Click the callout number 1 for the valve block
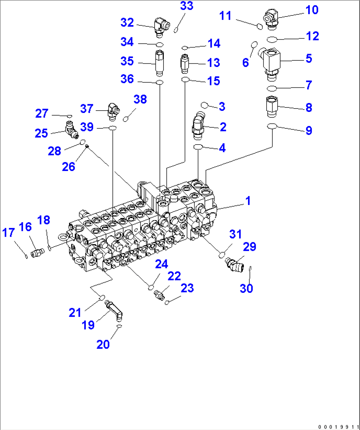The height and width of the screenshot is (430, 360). click(x=248, y=201)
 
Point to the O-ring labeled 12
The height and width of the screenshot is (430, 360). click(x=272, y=40)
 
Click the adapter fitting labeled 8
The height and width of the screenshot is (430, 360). click(x=272, y=107)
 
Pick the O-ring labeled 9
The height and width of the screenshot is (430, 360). click(x=272, y=126)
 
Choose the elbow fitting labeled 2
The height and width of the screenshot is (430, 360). click(x=199, y=126)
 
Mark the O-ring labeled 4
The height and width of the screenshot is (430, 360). click(x=198, y=146)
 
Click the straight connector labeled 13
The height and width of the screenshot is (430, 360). click(x=184, y=63)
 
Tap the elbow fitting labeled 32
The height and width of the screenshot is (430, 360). click(x=161, y=26)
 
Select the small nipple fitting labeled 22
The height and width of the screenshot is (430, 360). click(x=160, y=295)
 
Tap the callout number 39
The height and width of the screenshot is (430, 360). click(x=87, y=127)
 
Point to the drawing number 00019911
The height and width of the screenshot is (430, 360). click(x=339, y=427)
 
